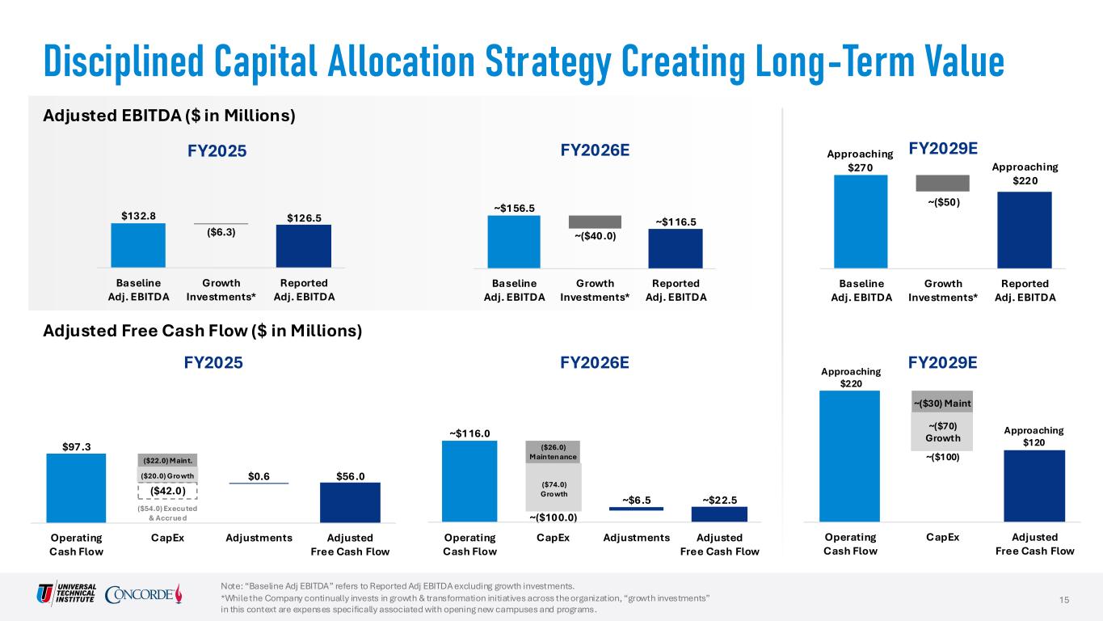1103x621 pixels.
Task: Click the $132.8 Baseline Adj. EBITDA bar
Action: point(138,245)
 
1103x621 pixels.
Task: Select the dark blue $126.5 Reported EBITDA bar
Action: point(302,246)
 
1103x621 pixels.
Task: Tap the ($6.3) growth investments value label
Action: point(221,232)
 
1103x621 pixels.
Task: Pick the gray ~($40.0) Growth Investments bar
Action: point(595,222)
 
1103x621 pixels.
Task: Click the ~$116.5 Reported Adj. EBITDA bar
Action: point(675,247)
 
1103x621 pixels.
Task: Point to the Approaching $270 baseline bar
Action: point(861,221)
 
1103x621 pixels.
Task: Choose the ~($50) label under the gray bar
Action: point(943,202)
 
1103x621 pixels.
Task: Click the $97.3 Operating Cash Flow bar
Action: point(76,488)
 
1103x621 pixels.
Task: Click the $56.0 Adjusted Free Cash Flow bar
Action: point(350,503)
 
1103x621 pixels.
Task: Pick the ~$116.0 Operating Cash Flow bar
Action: point(469,482)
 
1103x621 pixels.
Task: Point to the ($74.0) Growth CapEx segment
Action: point(554,488)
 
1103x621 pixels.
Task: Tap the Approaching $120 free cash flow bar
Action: point(1034,487)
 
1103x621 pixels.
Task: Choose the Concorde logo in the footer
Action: point(143,594)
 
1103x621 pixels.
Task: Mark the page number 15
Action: point(1064,598)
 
